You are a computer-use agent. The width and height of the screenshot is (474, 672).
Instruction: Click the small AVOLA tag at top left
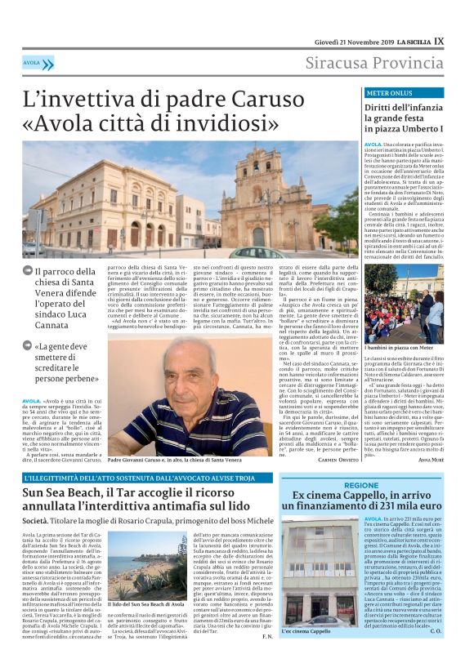pos(32,63)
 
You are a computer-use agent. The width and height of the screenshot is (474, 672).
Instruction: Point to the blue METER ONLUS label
pos(387,94)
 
